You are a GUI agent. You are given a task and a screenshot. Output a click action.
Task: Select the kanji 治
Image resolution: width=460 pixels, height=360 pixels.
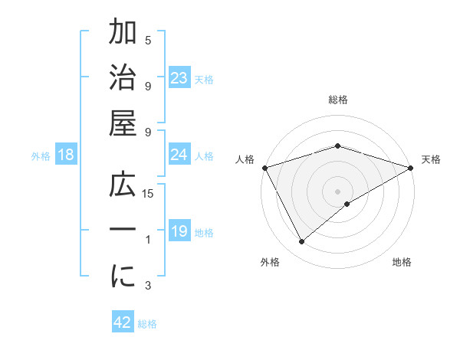click(x=123, y=80)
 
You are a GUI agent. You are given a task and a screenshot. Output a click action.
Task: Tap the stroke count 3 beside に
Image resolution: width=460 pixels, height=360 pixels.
click(x=148, y=286)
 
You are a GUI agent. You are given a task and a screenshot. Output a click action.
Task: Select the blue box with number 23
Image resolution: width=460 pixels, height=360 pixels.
click(x=179, y=77)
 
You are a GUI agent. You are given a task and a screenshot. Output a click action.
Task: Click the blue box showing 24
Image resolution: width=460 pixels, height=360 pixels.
click(x=179, y=155)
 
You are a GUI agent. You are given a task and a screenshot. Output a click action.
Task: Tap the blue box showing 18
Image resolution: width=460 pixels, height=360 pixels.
click(x=65, y=155)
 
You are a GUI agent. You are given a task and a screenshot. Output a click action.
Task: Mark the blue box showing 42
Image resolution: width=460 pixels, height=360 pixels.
click(x=123, y=322)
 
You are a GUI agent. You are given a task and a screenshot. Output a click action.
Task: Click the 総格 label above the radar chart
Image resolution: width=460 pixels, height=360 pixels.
click(x=337, y=100)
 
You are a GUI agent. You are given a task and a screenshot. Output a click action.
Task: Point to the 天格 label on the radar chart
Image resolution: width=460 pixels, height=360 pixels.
click(x=432, y=160)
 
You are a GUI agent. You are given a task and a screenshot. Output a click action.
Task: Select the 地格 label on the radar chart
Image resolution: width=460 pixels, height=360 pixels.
click(x=402, y=262)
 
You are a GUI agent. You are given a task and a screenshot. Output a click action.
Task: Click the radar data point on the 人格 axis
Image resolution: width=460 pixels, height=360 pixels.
click(x=264, y=167)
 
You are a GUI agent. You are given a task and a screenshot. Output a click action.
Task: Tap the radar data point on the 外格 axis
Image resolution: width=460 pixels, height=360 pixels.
click(x=302, y=241)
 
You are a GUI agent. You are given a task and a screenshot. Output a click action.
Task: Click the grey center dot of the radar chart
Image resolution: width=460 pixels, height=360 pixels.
click(x=337, y=191)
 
